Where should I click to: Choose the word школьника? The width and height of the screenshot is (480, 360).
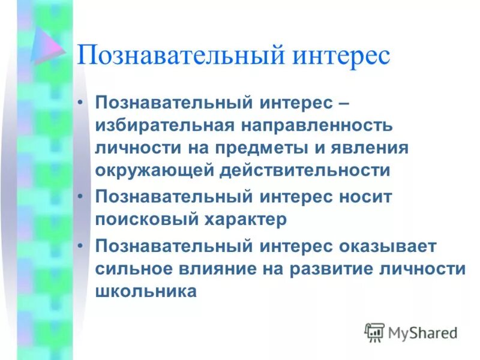click(145, 291)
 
